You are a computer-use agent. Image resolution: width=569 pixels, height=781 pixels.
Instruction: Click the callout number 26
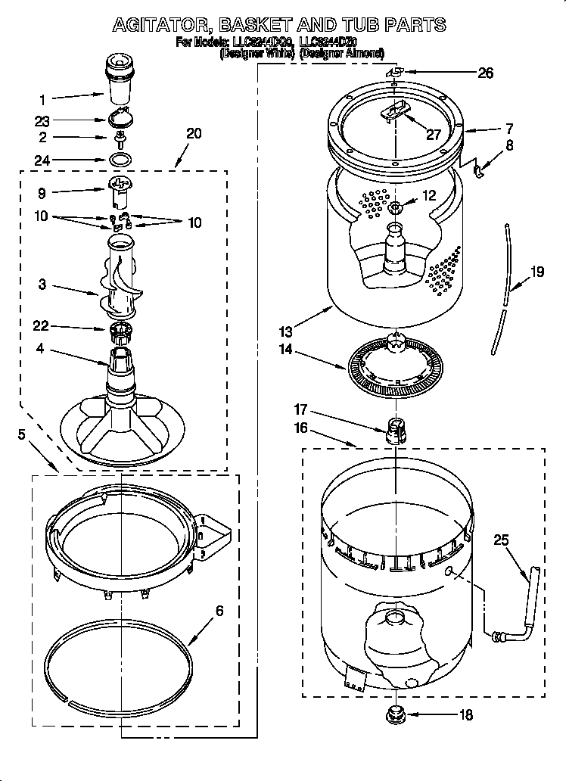[485, 73]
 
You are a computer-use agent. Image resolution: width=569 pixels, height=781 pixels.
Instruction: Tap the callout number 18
[466, 714]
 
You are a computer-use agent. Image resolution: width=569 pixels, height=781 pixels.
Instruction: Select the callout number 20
[194, 133]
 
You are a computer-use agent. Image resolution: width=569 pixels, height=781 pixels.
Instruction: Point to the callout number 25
[501, 540]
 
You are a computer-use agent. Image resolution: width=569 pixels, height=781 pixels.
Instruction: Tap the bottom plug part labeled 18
[394, 713]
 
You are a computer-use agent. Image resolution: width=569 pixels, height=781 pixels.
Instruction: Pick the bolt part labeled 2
[120, 138]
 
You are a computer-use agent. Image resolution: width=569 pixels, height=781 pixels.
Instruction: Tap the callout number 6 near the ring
[219, 611]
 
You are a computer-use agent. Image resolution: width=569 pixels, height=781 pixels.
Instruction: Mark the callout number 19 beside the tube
[536, 272]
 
